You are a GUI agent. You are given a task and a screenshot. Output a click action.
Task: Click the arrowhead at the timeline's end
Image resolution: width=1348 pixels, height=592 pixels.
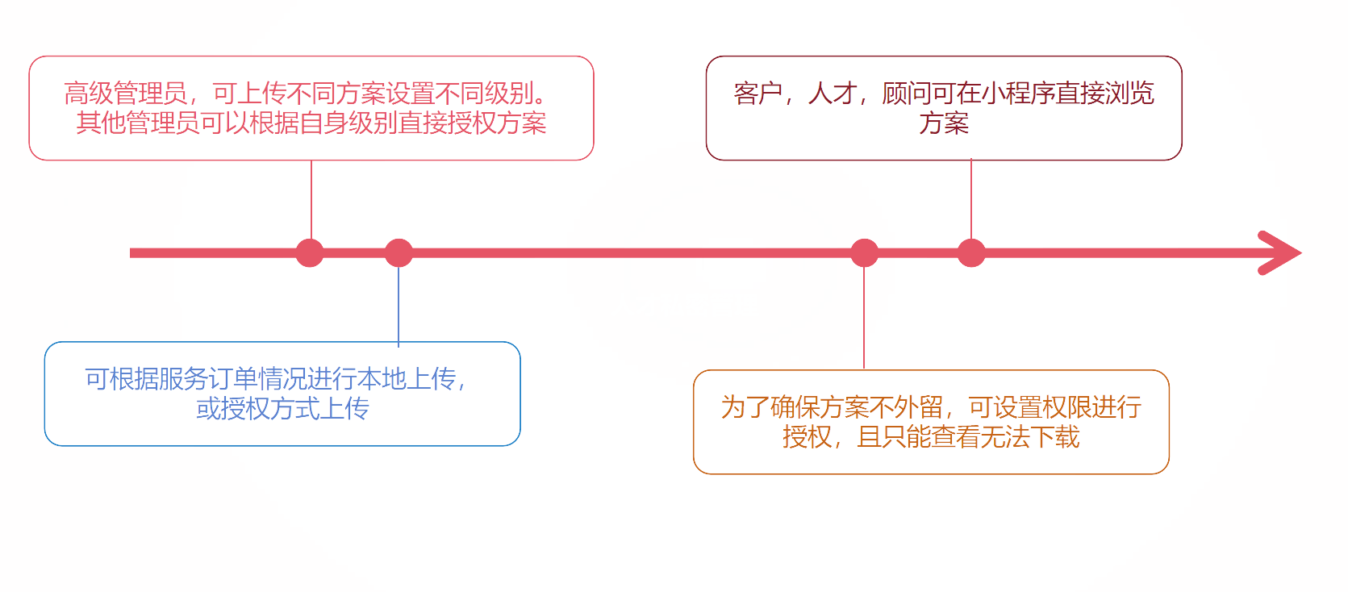pos(1283,252)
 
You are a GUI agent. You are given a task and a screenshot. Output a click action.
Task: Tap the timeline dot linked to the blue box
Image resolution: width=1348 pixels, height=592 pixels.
pos(399,252)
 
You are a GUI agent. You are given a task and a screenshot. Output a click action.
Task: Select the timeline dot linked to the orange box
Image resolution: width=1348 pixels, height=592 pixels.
pos(864,252)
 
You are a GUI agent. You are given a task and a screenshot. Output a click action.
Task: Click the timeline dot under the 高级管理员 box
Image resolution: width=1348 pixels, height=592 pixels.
pos(310,252)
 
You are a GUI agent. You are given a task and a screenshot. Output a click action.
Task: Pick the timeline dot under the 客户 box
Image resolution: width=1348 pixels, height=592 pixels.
pos(971,252)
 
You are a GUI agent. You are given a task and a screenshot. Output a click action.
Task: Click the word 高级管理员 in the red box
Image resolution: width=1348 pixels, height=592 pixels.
pos(126,94)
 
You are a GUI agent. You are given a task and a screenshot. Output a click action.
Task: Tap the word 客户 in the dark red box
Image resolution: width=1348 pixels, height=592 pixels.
pos(757,94)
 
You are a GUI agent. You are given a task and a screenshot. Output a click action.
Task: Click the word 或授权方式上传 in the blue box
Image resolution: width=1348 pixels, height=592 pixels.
pos(282,409)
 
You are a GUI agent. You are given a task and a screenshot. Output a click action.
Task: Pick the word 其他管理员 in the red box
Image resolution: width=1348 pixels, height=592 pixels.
pos(138,123)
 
